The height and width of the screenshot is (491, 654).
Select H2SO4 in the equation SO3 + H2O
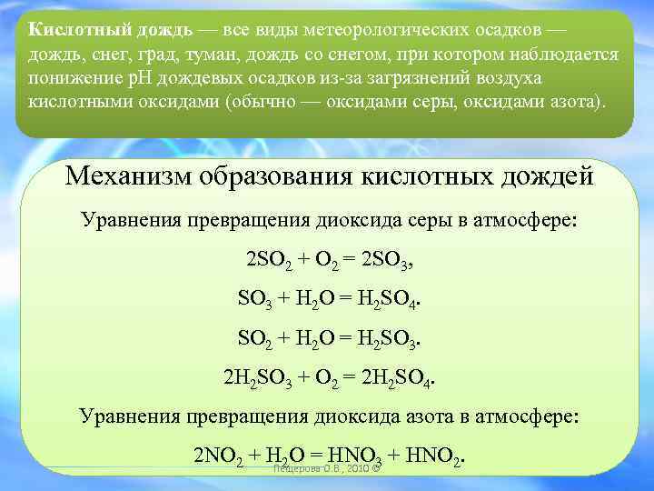click(391, 297)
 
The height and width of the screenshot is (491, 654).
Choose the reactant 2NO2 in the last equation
click(218, 455)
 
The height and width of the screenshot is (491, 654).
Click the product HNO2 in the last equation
click(439, 455)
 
